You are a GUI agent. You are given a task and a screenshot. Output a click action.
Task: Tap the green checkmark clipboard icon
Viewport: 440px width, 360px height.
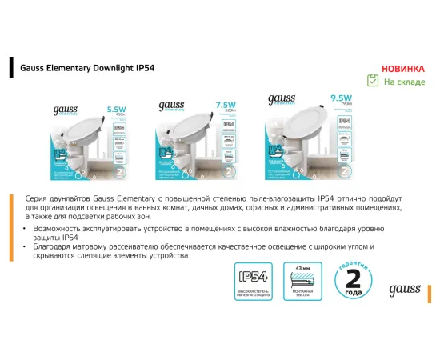point(372,81)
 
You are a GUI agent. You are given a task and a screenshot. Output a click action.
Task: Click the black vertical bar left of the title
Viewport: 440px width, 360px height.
point(10,67)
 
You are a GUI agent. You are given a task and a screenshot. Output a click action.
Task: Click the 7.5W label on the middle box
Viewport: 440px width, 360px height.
point(226,105)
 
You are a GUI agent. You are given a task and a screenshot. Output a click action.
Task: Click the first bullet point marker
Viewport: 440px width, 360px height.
point(28,230)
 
